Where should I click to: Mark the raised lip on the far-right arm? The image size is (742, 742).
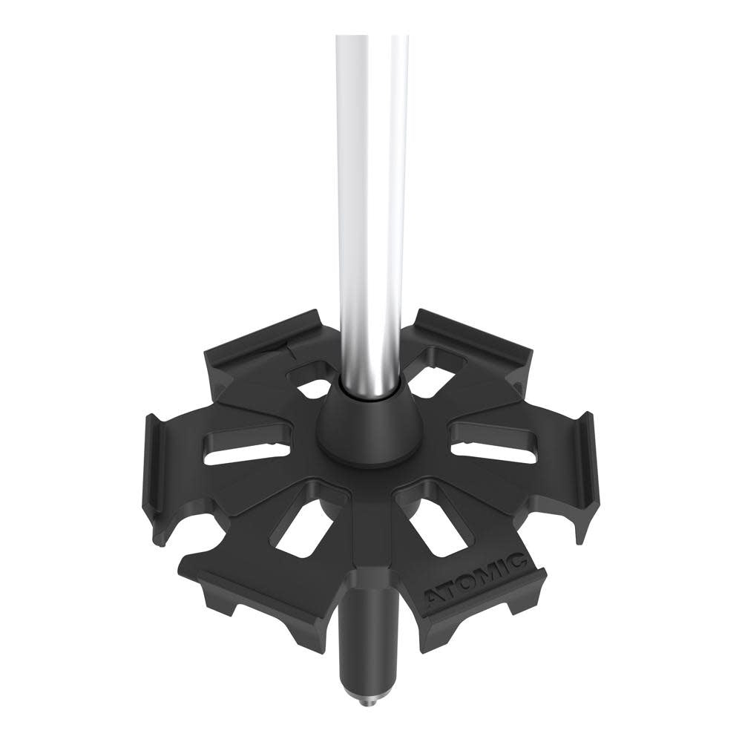click(585, 460)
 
